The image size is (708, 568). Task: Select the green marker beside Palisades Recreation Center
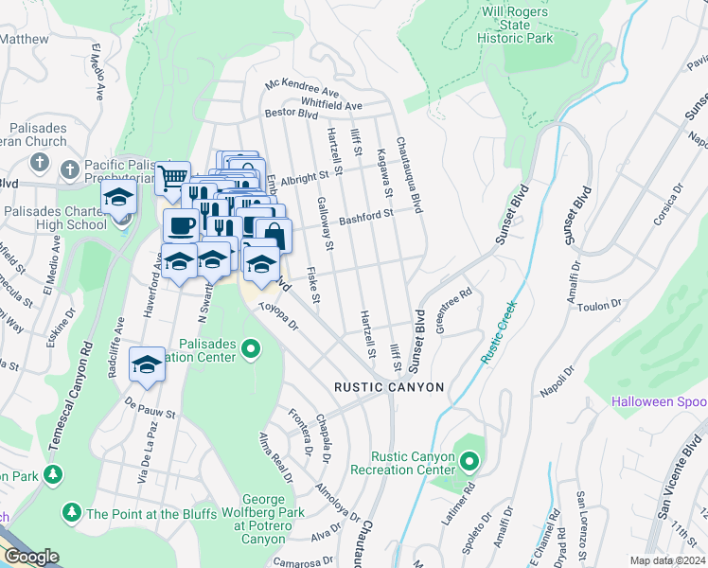251,350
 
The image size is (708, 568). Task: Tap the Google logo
31,557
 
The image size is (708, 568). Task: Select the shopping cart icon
171,177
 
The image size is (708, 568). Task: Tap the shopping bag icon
274,235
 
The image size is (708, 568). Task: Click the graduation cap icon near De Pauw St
147,364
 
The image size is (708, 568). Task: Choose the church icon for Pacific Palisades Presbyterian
69,170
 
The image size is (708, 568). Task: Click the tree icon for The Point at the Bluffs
71,513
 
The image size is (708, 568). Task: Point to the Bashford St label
366,215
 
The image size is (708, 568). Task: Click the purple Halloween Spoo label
659,402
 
